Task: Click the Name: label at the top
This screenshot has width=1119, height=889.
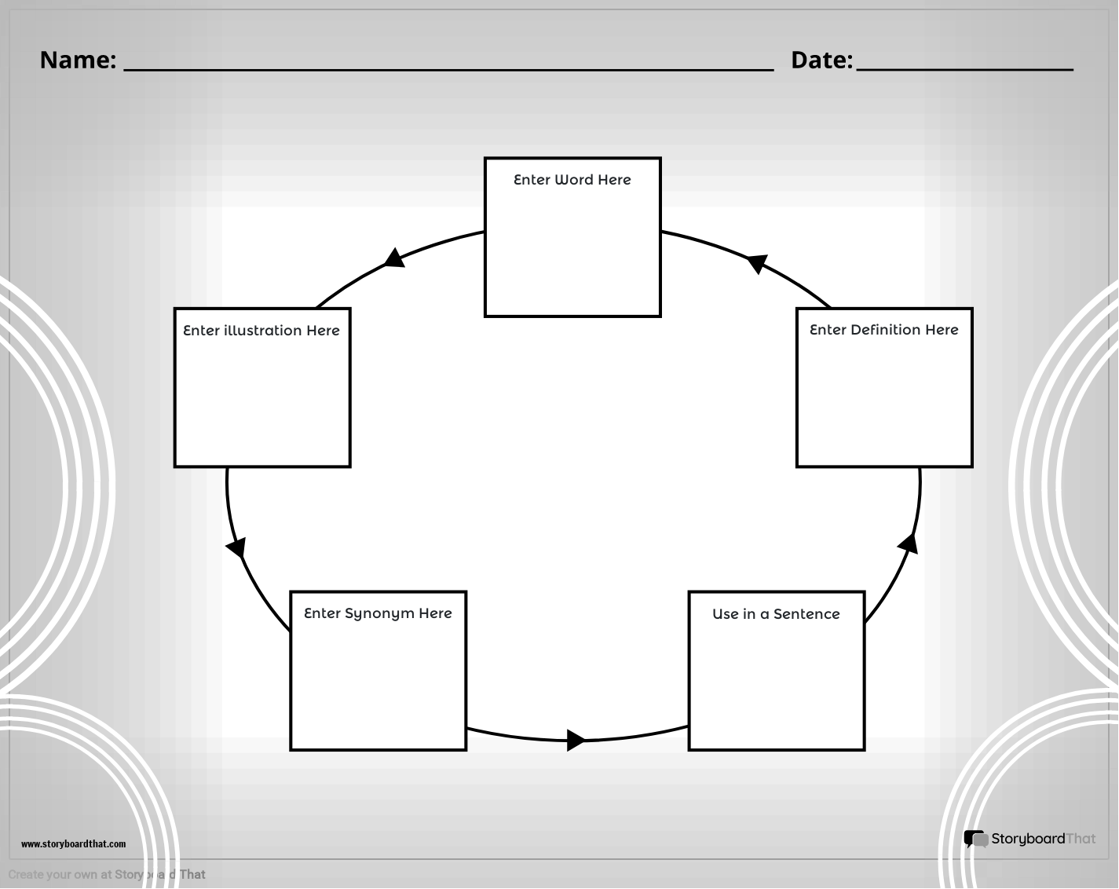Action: [x=78, y=60]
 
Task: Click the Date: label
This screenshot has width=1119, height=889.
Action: [x=821, y=60]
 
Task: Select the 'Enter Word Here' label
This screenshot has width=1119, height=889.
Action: [x=572, y=180]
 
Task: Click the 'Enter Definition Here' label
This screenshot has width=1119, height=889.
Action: [x=883, y=330]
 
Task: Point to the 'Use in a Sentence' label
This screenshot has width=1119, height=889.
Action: [x=776, y=614]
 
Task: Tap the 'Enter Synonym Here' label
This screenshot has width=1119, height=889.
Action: [x=378, y=613]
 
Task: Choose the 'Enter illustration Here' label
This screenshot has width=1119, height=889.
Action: [x=261, y=331]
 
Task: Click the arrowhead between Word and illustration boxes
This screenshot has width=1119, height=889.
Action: [x=395, y=258]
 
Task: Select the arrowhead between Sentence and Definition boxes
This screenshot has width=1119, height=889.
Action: [x=909, y=543]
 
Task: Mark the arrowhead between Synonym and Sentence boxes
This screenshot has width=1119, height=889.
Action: [x=576, y=740]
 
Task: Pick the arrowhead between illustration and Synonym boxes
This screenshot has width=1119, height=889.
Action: [x=236, y=547]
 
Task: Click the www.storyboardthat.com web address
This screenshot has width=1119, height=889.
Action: [x=73, y=844]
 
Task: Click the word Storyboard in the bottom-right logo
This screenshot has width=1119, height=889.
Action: [x=1028, y=839]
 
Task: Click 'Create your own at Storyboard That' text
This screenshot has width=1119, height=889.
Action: [x=107, y=875]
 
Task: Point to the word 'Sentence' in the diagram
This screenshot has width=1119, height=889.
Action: [x=806, y=614]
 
